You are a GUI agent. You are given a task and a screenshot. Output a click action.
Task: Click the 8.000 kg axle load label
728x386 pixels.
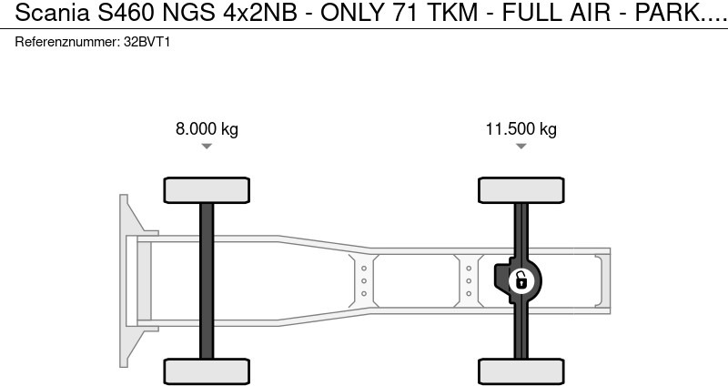click(x=207, y=128)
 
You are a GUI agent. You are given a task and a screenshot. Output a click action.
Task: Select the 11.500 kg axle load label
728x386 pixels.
click(x=521, y=128)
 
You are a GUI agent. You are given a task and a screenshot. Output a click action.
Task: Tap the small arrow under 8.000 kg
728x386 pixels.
click(x=207, y=146)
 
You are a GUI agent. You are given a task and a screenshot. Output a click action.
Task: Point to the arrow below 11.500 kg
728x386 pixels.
click(x=521, y=146)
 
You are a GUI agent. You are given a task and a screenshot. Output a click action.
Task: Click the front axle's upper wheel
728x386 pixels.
click(x=207, y=190)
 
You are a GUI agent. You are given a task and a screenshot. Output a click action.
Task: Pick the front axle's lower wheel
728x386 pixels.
click(x=207, y=371)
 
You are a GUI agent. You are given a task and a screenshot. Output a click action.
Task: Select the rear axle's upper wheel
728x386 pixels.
click(x=521, y=190)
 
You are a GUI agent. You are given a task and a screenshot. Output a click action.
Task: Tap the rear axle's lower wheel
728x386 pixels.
click(x=521, y=371)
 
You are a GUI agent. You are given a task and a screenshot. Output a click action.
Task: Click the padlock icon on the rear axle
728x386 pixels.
click(x=521, y=281)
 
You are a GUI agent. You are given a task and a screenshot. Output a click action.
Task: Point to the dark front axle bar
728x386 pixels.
click(x=207, y=281)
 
